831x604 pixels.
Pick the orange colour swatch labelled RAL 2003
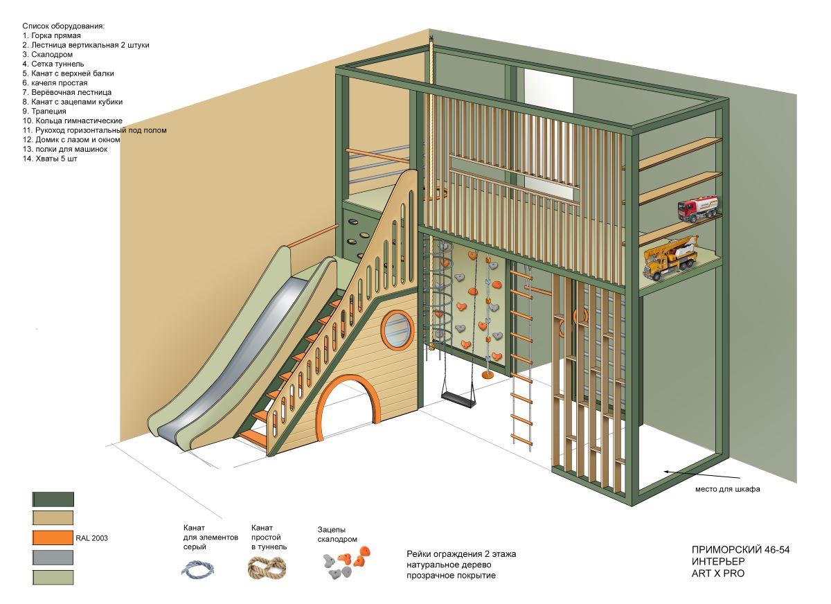[53, 538]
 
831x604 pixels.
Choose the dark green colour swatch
[53, 499]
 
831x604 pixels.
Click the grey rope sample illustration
[197, 569]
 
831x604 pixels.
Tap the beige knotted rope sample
[267, 568]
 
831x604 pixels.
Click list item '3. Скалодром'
[47, 54]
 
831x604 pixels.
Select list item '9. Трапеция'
[44, 111]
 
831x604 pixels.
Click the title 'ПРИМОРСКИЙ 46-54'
[740, 550]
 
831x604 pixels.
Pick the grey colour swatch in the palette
[53, 558]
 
